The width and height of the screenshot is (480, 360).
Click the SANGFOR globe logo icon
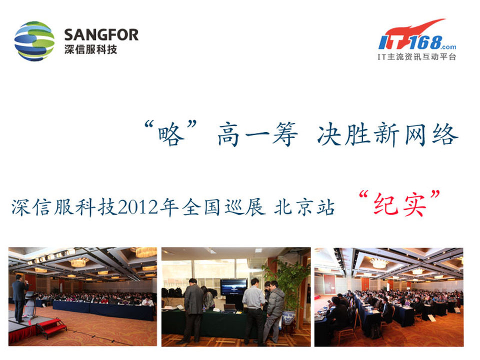(34, 41)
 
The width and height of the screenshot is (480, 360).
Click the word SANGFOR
(101, 34)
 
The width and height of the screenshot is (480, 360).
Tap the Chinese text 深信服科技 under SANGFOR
(91, 49)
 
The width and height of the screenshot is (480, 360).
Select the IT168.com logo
(417, 34)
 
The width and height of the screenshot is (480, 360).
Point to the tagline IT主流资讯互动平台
(416, 56)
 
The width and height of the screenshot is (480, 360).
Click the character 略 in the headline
(171, 134)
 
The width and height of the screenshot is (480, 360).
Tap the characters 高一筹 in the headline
(257, 134)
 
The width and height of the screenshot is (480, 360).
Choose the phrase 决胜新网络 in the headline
(388, 134)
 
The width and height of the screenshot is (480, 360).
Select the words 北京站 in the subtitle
(304, 207)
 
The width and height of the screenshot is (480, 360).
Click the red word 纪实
(400, 204)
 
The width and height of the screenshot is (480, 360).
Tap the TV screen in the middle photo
(234, 287)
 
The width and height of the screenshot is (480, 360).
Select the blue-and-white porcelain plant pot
(288, 317)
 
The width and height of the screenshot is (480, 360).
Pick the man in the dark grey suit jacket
(193, 309)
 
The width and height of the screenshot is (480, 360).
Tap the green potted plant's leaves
(286, 284)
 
